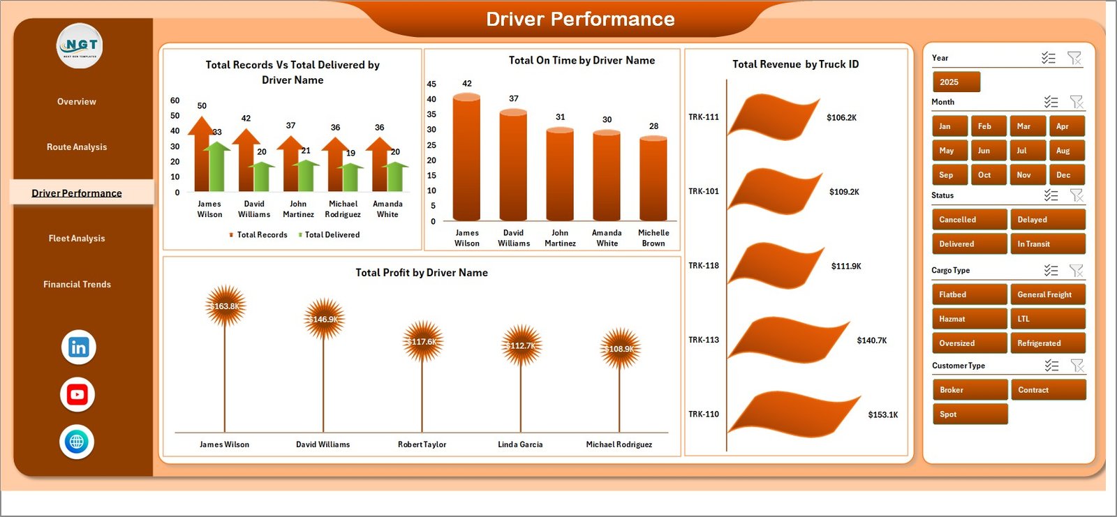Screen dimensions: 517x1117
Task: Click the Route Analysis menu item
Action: (x=77, y=147)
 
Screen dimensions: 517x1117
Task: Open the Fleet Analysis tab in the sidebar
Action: (x=77, y=239)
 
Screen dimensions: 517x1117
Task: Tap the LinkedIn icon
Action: (x=78, y=347)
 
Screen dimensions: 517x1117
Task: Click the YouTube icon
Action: (x=77, y=395)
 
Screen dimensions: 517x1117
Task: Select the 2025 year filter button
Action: (x=956, y=82)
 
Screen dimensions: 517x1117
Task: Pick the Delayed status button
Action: (x=1047, y=220)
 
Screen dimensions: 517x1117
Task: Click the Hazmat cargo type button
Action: (x=969, y=319)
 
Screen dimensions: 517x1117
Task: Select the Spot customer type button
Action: (x=969, y=414)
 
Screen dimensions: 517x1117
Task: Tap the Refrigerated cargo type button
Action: (x=1047, y=343)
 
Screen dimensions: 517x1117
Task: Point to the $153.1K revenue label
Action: (x=883, y=414)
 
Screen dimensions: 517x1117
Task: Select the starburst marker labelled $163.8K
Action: (x=225, y=306)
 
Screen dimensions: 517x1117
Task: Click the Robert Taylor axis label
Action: (x=422, y=444)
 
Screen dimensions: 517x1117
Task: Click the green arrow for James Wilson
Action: (x=217, y=167)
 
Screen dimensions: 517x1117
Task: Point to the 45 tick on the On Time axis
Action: (x=431, y=84)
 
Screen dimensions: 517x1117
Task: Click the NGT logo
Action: (x=80, y=46)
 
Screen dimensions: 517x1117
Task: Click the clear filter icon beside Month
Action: (x=1077, y=103)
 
